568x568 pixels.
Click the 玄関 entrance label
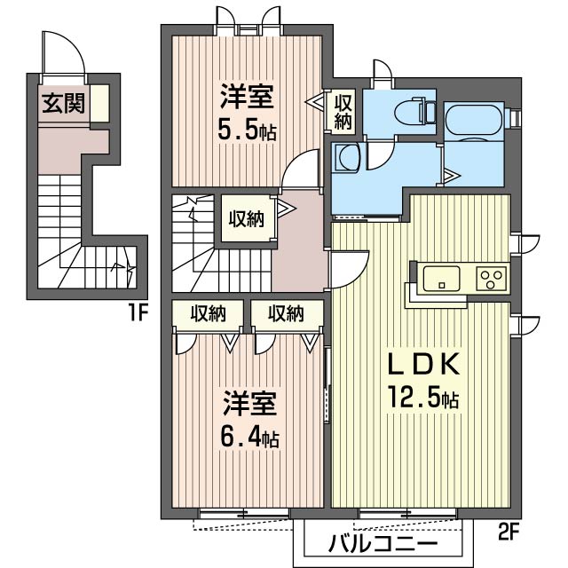63,104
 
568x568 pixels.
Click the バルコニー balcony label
383,542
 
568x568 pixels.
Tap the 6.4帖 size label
249,437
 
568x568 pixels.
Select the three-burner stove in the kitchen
490,278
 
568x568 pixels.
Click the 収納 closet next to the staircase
248,219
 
